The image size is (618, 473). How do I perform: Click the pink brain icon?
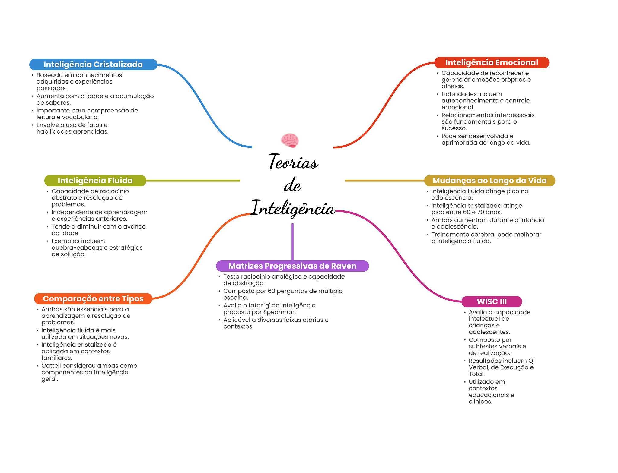pos(290,140)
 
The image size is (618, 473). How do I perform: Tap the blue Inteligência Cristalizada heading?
pos(93,65)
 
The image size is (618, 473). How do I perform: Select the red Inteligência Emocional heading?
pos(492,62)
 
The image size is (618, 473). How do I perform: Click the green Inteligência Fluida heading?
pos(95,181)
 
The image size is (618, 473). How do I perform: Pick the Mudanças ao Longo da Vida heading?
pos(489,181)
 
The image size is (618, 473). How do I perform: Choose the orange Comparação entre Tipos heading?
pos(93,299)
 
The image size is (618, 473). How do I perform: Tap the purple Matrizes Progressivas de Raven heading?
pos(292,266)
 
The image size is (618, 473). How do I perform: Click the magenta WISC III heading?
pos(492,301)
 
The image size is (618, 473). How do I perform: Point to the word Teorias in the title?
pos(293,162)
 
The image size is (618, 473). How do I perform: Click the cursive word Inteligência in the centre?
pos(293,208)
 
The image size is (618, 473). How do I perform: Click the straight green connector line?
pos(193,181)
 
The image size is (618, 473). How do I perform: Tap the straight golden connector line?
pos(384,181)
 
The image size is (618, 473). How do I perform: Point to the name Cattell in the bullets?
pos(51,366)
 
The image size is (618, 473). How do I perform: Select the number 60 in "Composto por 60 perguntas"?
pos(271,291)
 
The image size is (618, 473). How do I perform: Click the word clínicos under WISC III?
pos(480,402)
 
